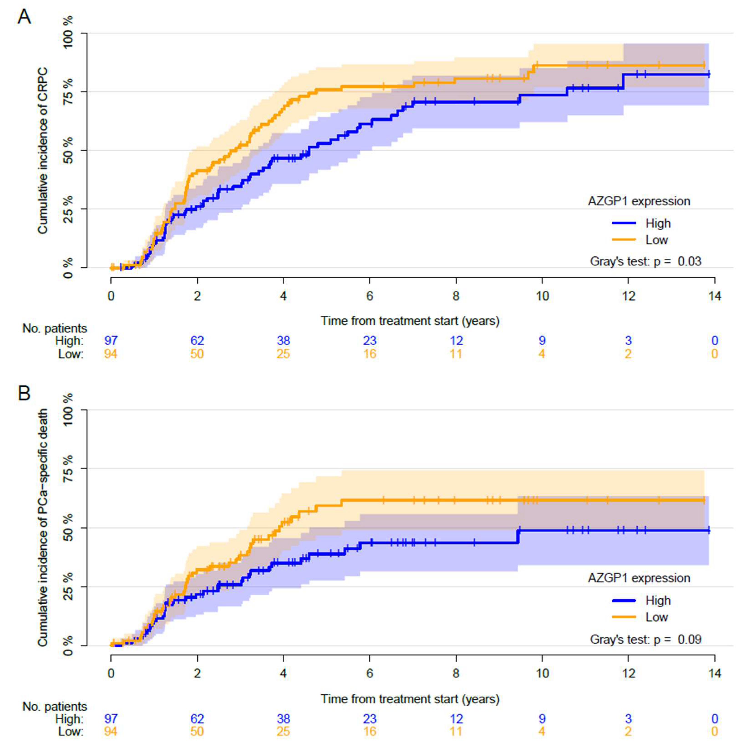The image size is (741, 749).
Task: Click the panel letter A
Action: click(x=24, y=17)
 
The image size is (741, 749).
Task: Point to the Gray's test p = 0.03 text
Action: click(x=645, y=261)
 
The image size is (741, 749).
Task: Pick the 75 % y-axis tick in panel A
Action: click(x=68, y=91)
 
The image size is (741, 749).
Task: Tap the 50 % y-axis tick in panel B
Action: click(x=68, y=527)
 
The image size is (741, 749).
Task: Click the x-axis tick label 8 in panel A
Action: click(x=456, y=296)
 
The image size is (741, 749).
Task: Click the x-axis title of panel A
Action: click(x=410, y=321)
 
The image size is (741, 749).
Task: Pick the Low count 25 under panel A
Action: click(x=283, y=354)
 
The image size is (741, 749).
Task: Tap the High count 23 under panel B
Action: click(x=370, y=719)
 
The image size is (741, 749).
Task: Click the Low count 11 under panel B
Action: click(x=456, y=732)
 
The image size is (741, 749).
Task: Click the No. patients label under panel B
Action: click(x=55, y=706)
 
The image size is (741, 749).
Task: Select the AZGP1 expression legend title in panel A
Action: click(x=639, y=201)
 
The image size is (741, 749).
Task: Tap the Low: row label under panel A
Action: click(x=71, y=354)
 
